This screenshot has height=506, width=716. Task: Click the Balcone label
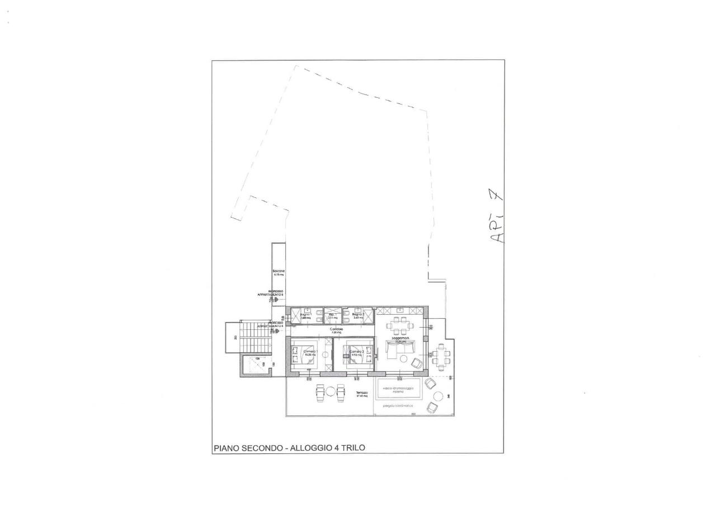[279, 271]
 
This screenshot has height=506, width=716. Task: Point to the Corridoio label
[336, 330]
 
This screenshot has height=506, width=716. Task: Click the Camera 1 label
[309, 352]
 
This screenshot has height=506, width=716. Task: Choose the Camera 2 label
[357, 352]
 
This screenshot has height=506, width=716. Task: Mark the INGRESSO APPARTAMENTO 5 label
[275, 293]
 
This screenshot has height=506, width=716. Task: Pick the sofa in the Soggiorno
[399, 348]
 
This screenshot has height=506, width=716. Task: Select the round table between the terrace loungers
[331, 391]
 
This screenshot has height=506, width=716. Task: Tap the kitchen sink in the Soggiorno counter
[401, 310]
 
